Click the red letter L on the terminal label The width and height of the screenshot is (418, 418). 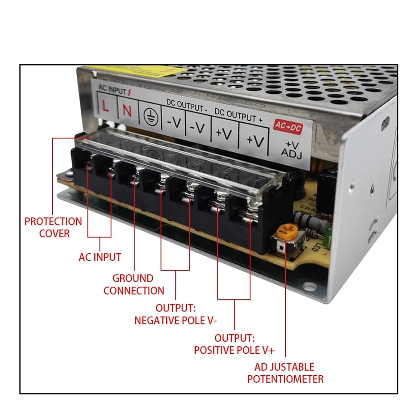pos(105,106)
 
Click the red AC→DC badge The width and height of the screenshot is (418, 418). pos(288,127)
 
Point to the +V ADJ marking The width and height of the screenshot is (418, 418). pos(291,149)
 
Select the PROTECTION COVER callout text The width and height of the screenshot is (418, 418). pos(53,227)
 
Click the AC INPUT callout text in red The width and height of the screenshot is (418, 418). pos(100,257)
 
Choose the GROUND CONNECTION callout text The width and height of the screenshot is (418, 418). pos(134,285)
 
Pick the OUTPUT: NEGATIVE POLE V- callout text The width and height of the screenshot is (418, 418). pos(175,314)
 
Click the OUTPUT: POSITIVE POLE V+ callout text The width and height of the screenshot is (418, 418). pos(234,344)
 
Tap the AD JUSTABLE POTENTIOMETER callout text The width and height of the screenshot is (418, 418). pos(285,373)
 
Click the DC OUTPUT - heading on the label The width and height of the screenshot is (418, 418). pos(187,106)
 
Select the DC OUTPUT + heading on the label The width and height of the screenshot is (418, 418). pos(239,115)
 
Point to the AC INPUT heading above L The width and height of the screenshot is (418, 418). pos(113,90)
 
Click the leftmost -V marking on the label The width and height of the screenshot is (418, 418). pos(174,122)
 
